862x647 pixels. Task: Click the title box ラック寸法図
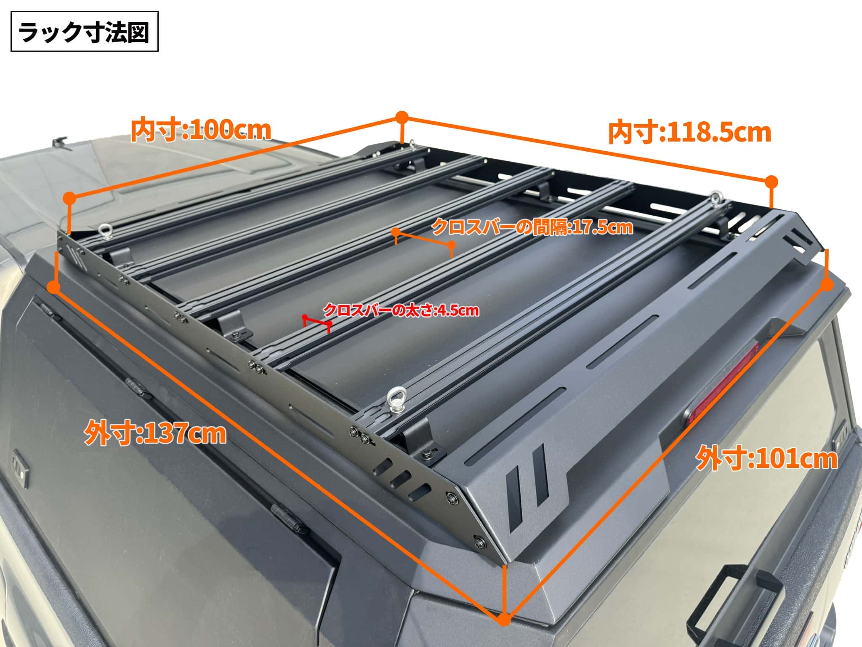(84, 32)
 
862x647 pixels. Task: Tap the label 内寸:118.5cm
(689, 133)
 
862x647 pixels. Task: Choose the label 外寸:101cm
(766, 459)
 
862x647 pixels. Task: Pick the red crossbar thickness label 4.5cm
(401, 310)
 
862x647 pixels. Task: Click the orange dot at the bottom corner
(504, 619)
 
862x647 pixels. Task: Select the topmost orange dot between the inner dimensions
(402, 117)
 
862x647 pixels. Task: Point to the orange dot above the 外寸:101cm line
(827, 285)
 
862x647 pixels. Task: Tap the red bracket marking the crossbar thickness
(317, 323)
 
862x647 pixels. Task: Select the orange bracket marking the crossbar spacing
(423, 242)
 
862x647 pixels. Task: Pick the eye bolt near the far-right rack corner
(716, 198)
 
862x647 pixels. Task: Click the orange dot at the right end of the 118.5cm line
(772, 182)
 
